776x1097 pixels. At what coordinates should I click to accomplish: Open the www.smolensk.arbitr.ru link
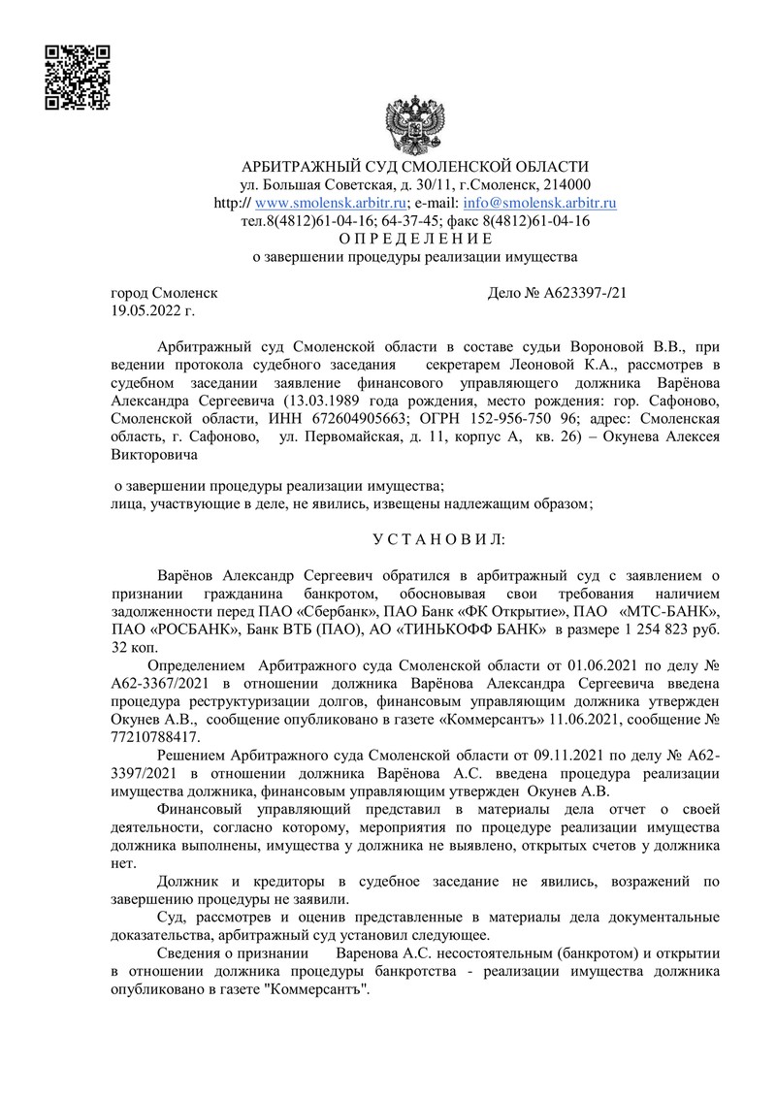(x=329, y=203)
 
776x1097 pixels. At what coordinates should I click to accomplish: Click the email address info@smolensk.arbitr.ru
(x=540, y=203)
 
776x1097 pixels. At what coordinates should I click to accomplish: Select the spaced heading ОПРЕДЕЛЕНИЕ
(x=416, y=239)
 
